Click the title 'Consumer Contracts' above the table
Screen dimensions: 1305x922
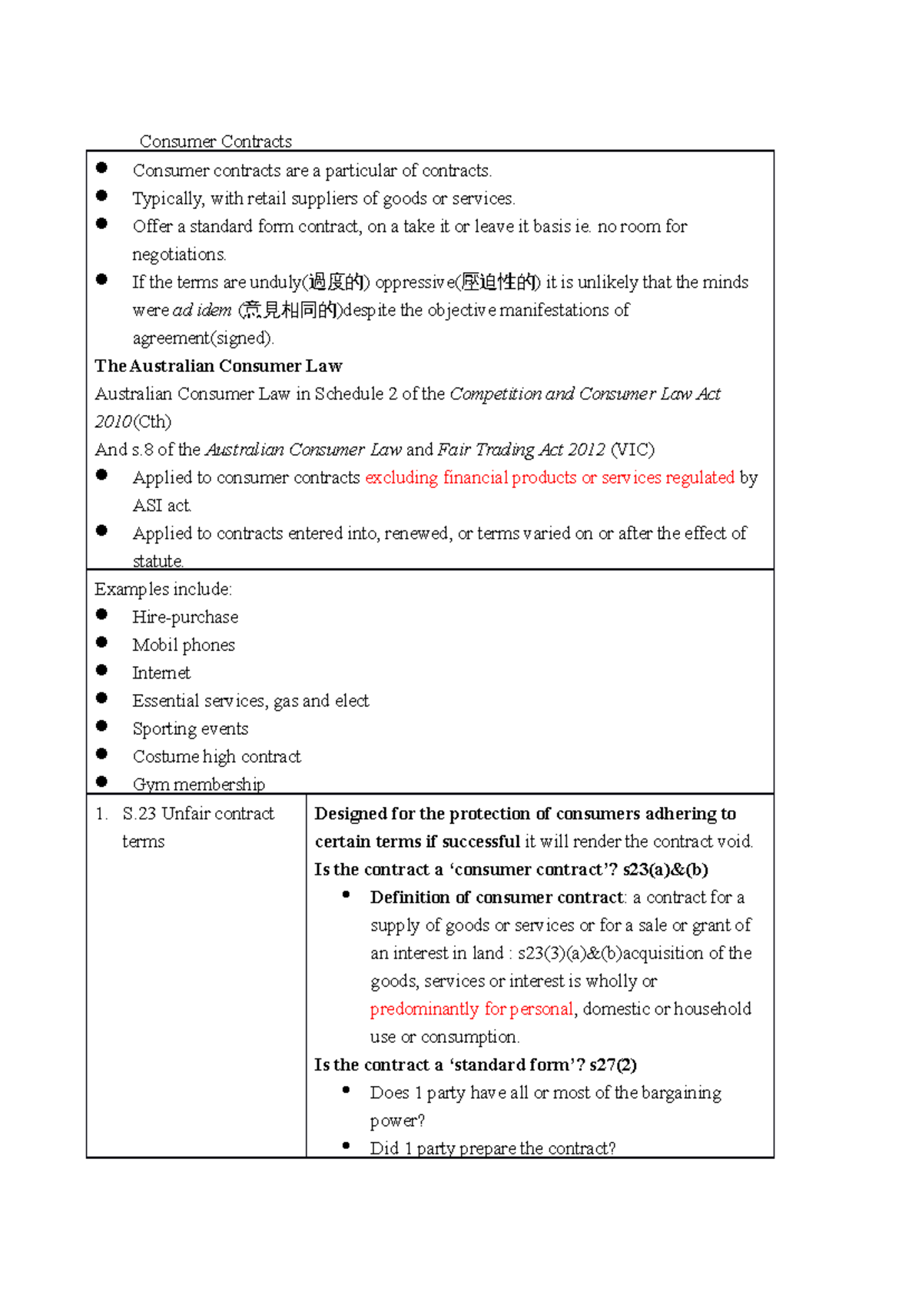tap(215, 141)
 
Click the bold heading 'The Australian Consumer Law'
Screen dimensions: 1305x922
tap(218, 366)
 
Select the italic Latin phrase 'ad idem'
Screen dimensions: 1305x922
tap(202, 310)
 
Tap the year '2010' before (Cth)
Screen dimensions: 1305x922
tap(113, 422)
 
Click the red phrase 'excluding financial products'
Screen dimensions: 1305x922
tap(470, 478)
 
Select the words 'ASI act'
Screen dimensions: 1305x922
tap(161, 506)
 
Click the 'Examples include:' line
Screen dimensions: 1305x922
tap(163, 589)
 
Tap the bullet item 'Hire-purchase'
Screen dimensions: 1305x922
tap(185, 617)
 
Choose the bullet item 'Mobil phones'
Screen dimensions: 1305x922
tap(184, 646)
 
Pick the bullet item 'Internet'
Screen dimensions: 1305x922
tap(161, 673)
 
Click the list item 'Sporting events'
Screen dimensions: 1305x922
tap(191, 729)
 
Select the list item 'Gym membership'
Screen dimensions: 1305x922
tap(199, 785)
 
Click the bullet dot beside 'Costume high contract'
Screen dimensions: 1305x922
tap(101, 754)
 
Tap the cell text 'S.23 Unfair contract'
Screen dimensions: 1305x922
tap(198, 814)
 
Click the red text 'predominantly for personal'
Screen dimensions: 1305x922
tap(471, 1009)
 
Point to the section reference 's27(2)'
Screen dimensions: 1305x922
tap(612, 1065)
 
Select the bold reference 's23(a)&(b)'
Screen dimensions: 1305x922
tap(665, 870)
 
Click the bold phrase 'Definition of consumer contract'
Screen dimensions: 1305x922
tap(496, 898)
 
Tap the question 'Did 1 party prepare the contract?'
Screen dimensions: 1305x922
tap(493, 1148)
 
